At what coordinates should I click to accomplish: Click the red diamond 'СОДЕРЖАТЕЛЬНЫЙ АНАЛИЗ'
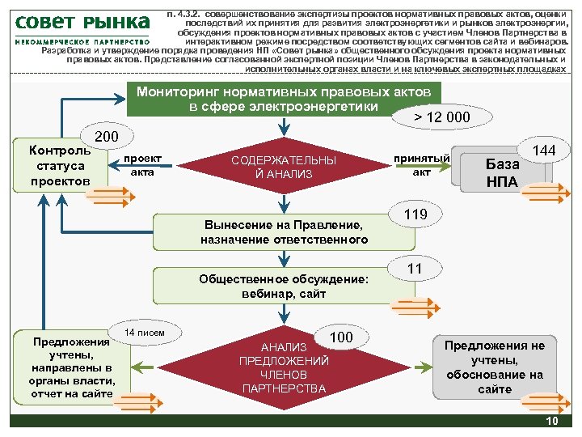[x=282, y=167]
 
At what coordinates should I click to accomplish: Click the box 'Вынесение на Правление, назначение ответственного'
[x=284, y=231]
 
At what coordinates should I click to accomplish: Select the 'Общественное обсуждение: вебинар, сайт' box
[x=282, y=286]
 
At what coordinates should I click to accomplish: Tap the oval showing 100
[x=343, y=337]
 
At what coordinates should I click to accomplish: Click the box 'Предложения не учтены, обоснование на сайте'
[x=495, y=367]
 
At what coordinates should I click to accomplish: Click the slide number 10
[x=553, y=422]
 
